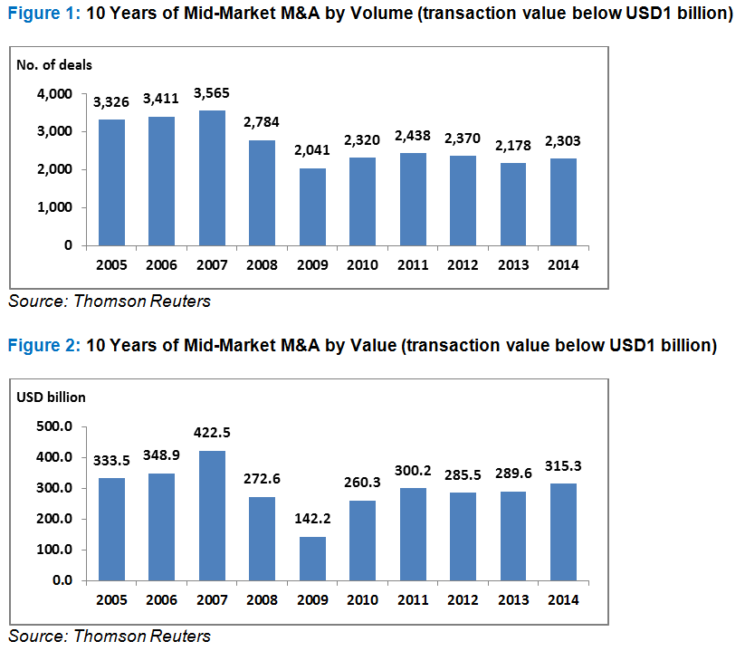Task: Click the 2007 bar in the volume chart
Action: [211, 177]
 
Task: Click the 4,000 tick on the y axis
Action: [54, 94]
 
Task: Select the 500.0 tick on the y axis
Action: [54, 426]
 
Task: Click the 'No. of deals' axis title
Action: [54, 64]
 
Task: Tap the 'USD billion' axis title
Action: [52, 397]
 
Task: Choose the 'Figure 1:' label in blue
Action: [43, 15]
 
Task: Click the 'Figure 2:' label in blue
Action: [43, 345]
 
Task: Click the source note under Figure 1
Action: [109, 302]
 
